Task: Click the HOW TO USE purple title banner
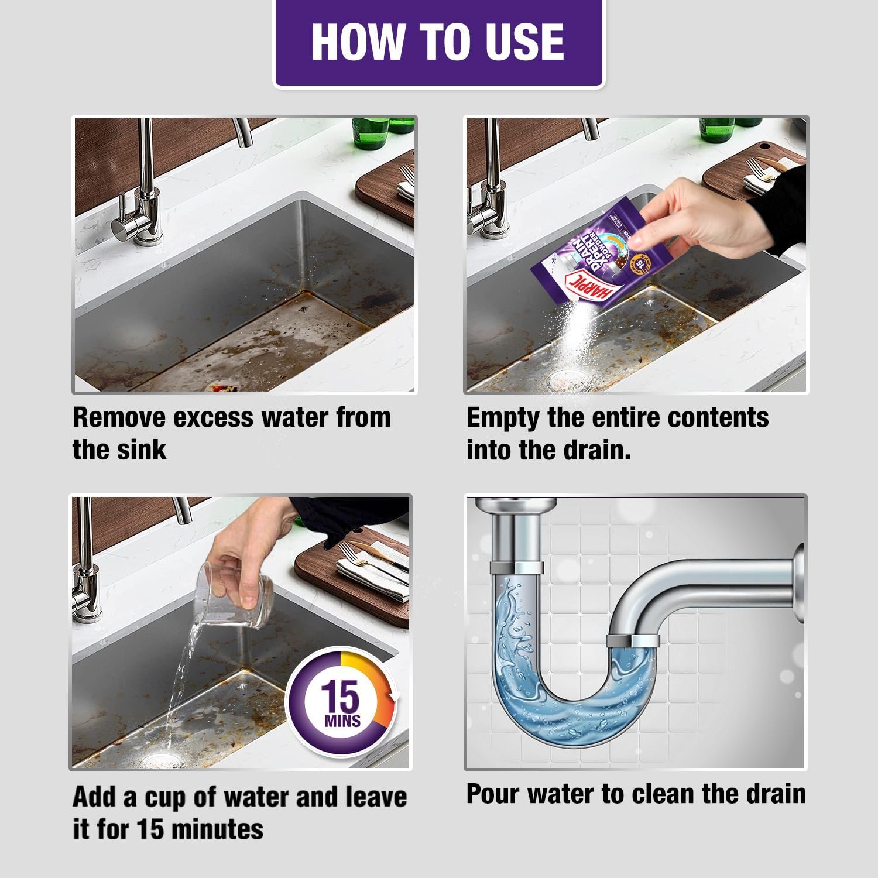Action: click(438, 42)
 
